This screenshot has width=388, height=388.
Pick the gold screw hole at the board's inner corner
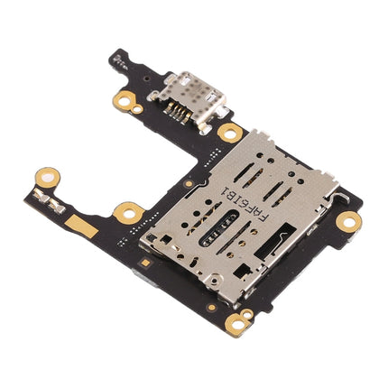(126, 213)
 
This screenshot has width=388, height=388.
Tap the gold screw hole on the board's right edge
(346, 219)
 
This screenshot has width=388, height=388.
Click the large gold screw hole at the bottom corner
(237, 321)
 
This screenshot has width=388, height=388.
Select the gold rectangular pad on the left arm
(84, 226)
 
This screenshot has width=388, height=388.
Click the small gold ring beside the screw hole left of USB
(136, 107)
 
